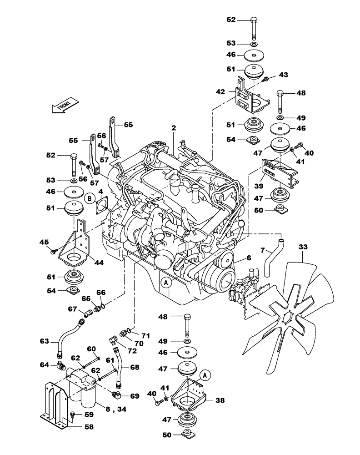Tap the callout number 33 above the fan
point(304,248)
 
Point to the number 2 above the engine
point(173,129)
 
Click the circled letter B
point(90,198)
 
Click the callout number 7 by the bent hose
point(262,250)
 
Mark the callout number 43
point(283,74)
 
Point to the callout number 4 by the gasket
point(101,192)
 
